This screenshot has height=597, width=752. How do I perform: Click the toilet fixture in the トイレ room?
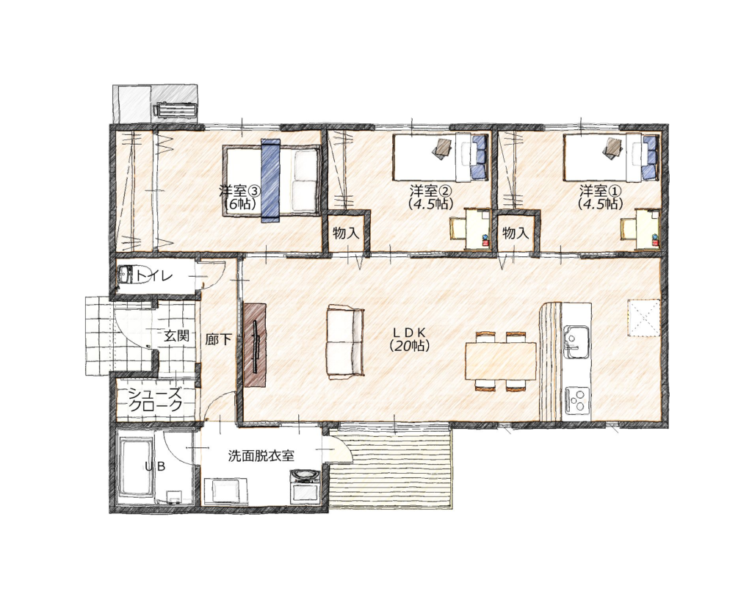point(129,275)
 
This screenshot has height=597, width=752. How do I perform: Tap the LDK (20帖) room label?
point(409,339)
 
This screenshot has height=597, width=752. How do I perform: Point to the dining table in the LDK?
point(501,360)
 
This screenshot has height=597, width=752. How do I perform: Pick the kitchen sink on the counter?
point(576,342)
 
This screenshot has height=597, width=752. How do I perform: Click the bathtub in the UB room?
point(136,469)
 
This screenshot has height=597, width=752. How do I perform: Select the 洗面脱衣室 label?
point(261,455)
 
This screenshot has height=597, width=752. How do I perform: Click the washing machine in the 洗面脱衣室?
point(305,486)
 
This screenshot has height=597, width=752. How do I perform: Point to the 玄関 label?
point(176,336)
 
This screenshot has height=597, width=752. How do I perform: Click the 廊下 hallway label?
point(218,339)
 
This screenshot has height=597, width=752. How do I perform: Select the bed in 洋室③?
point(272,181)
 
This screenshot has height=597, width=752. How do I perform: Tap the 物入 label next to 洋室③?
point(346,234)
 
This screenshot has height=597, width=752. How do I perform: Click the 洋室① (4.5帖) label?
point(601,197)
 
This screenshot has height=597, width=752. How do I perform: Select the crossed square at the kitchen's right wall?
point(645,316)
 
